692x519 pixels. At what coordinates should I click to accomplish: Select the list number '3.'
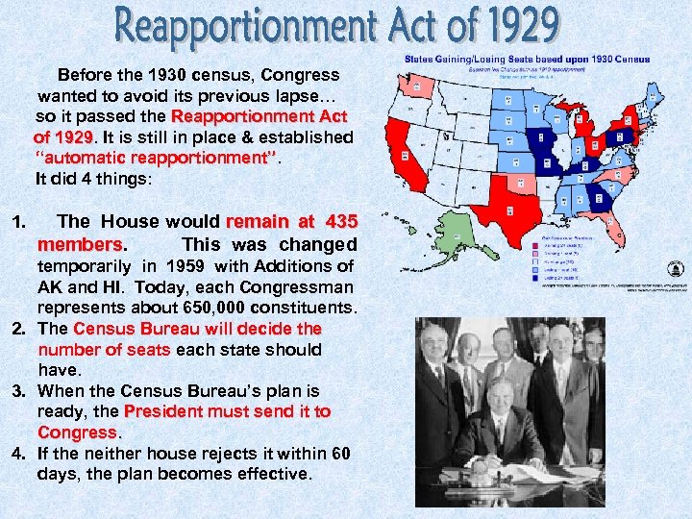click(18, 391)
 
